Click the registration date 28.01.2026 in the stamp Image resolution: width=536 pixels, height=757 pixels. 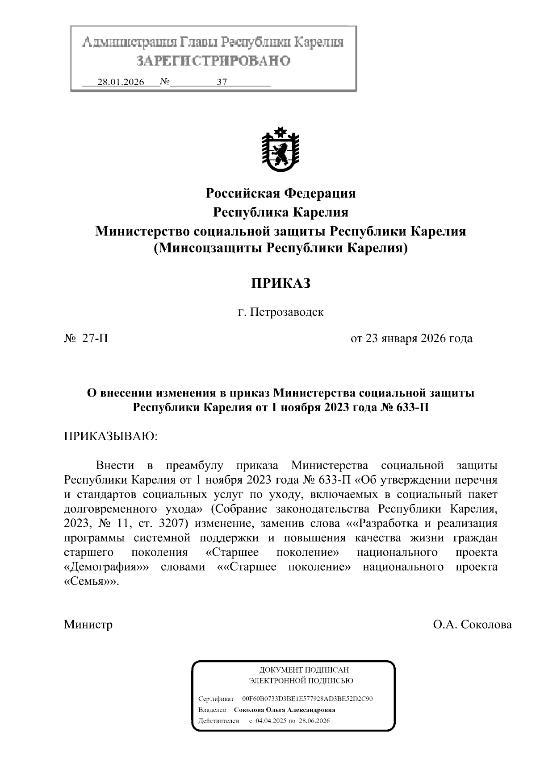121,82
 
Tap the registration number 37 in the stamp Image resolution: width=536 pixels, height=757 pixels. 222,82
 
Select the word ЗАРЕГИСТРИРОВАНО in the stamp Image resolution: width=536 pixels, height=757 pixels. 213,61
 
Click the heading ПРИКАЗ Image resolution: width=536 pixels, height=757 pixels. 280,283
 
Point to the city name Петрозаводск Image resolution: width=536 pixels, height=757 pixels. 286,312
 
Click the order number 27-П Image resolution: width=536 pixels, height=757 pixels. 95,339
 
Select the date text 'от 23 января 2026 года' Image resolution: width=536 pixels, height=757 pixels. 411,339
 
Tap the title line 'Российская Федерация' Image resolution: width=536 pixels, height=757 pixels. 281,193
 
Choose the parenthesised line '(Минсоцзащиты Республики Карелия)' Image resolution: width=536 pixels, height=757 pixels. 281,248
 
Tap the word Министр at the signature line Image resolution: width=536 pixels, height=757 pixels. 88,624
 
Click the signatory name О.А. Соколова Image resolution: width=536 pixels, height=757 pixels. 472,624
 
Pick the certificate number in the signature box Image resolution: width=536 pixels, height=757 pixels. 307,699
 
